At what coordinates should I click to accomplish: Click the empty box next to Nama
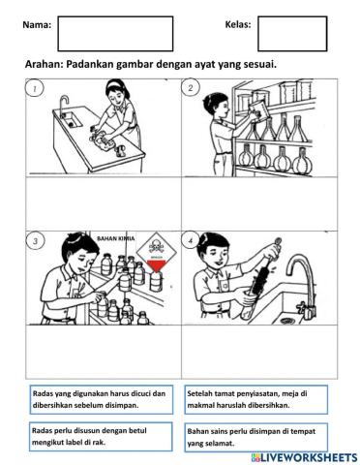point(115,33)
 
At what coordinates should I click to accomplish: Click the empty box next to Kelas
point(291,33)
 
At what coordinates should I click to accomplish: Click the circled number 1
point(35,88)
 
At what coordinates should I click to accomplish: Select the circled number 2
point(192,88)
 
